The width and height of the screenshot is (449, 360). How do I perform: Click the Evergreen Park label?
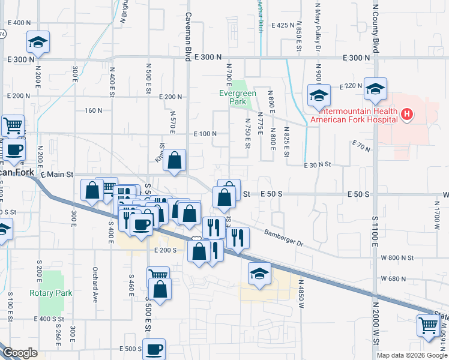pos(237,97)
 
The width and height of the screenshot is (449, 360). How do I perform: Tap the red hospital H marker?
pos(408,114)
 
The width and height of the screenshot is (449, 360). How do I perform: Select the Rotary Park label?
pos(51,293)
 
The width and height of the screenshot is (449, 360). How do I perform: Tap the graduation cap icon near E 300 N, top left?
pos(38,42)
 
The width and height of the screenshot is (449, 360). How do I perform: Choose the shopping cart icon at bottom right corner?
pos(428,325)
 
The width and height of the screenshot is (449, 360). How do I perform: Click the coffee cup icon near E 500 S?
pos(153,349)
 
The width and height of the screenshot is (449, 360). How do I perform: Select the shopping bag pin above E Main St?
pos(174,160)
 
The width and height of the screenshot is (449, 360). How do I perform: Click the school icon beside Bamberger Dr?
pos(259,274)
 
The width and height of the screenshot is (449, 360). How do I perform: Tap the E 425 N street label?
pos(280,25)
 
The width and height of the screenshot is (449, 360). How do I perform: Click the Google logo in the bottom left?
pos(20,353)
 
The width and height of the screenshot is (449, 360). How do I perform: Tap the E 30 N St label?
pos(318,164)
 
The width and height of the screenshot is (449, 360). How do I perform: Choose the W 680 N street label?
pos(398,278)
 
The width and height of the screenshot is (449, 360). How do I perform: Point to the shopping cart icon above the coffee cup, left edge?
pos(13,125)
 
